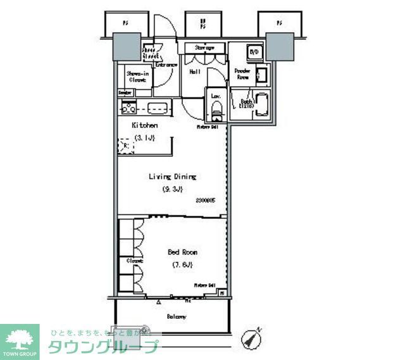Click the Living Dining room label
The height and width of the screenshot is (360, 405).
pyautogui.click(x=172, y=177)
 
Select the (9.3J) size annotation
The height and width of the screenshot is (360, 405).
pyautogui.click(x=171, y=189)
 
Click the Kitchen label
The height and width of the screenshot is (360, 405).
pyautogui.click(x=144, y=125)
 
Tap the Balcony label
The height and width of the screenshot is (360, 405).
pyautogui.click(x=176, y=316)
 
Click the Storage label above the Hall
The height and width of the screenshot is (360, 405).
pyautogui.click(x=203, y=47)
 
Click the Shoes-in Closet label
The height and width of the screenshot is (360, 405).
pyautogui.click(x=137, y=77)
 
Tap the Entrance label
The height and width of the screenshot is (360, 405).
pyautogui.click(x=166, y=63)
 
